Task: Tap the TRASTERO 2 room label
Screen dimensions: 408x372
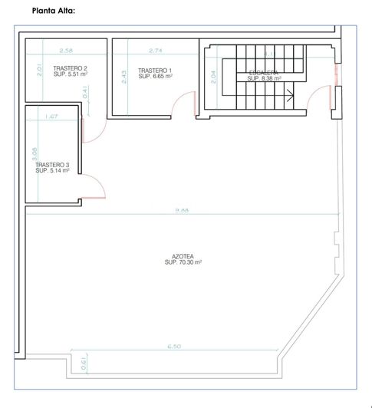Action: [x=70, y=69]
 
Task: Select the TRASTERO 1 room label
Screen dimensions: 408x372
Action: [x=155, y=71]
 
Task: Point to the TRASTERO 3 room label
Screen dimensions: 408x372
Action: [x=52, y=165]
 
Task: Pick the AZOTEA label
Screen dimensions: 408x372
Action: [x=183, y=257]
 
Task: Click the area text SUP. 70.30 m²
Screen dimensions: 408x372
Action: [x=183, y=263]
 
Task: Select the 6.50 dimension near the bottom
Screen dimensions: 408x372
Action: [x=174, y=347]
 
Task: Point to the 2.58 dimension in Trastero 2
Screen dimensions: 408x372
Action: [x=66, y=51]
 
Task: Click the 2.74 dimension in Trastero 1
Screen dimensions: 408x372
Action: [x=156, y=51]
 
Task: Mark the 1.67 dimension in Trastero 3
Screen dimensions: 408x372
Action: [x=52, y=117]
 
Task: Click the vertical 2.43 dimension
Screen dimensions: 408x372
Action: [x=123, y=77]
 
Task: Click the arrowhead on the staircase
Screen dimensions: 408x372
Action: [x=290, y=96]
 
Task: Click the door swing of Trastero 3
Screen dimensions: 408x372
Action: [x=95, y=186]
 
